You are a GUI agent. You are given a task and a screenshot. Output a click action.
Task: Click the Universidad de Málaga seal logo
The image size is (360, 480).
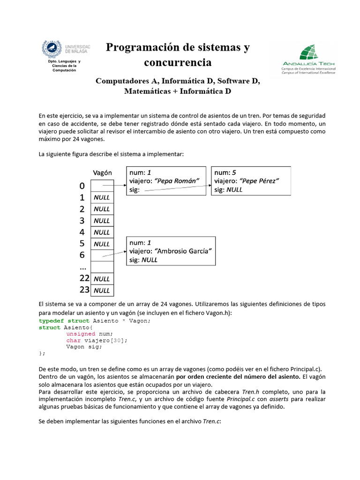click(x=52, y=50)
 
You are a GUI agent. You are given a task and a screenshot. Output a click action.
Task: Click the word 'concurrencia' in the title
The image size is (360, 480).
click(x=178, y=62)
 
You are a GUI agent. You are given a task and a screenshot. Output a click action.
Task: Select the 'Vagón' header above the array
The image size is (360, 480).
click(x=102, y=172)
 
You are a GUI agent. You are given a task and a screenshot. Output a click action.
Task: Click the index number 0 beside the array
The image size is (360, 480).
click(x=82, y=186)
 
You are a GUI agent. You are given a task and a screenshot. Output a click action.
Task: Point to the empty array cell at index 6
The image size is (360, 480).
click(x=102, y=255)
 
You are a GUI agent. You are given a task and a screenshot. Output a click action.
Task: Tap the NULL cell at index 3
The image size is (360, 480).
click(x=102, y=221)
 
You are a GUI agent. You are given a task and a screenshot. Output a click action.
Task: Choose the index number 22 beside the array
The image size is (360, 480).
click(x=84, y=278)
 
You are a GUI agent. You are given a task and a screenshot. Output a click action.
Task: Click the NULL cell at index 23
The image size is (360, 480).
click(x=102, y=290)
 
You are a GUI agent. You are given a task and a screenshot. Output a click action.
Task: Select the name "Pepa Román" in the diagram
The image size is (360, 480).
click(x=176, y=180)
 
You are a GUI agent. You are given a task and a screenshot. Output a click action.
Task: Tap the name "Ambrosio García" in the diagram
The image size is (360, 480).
click(x=184, y=250)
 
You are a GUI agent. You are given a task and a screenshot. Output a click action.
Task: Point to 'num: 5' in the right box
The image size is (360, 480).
click(x=225, y=172)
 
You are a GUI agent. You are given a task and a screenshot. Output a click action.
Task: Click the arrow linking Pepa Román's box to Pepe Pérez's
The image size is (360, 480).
click(x=176, y=188)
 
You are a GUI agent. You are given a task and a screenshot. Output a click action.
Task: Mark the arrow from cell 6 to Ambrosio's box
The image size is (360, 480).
click(x=114, y=254)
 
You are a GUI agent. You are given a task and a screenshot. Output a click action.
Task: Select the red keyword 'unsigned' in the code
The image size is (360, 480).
click(x=81, y=334)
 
